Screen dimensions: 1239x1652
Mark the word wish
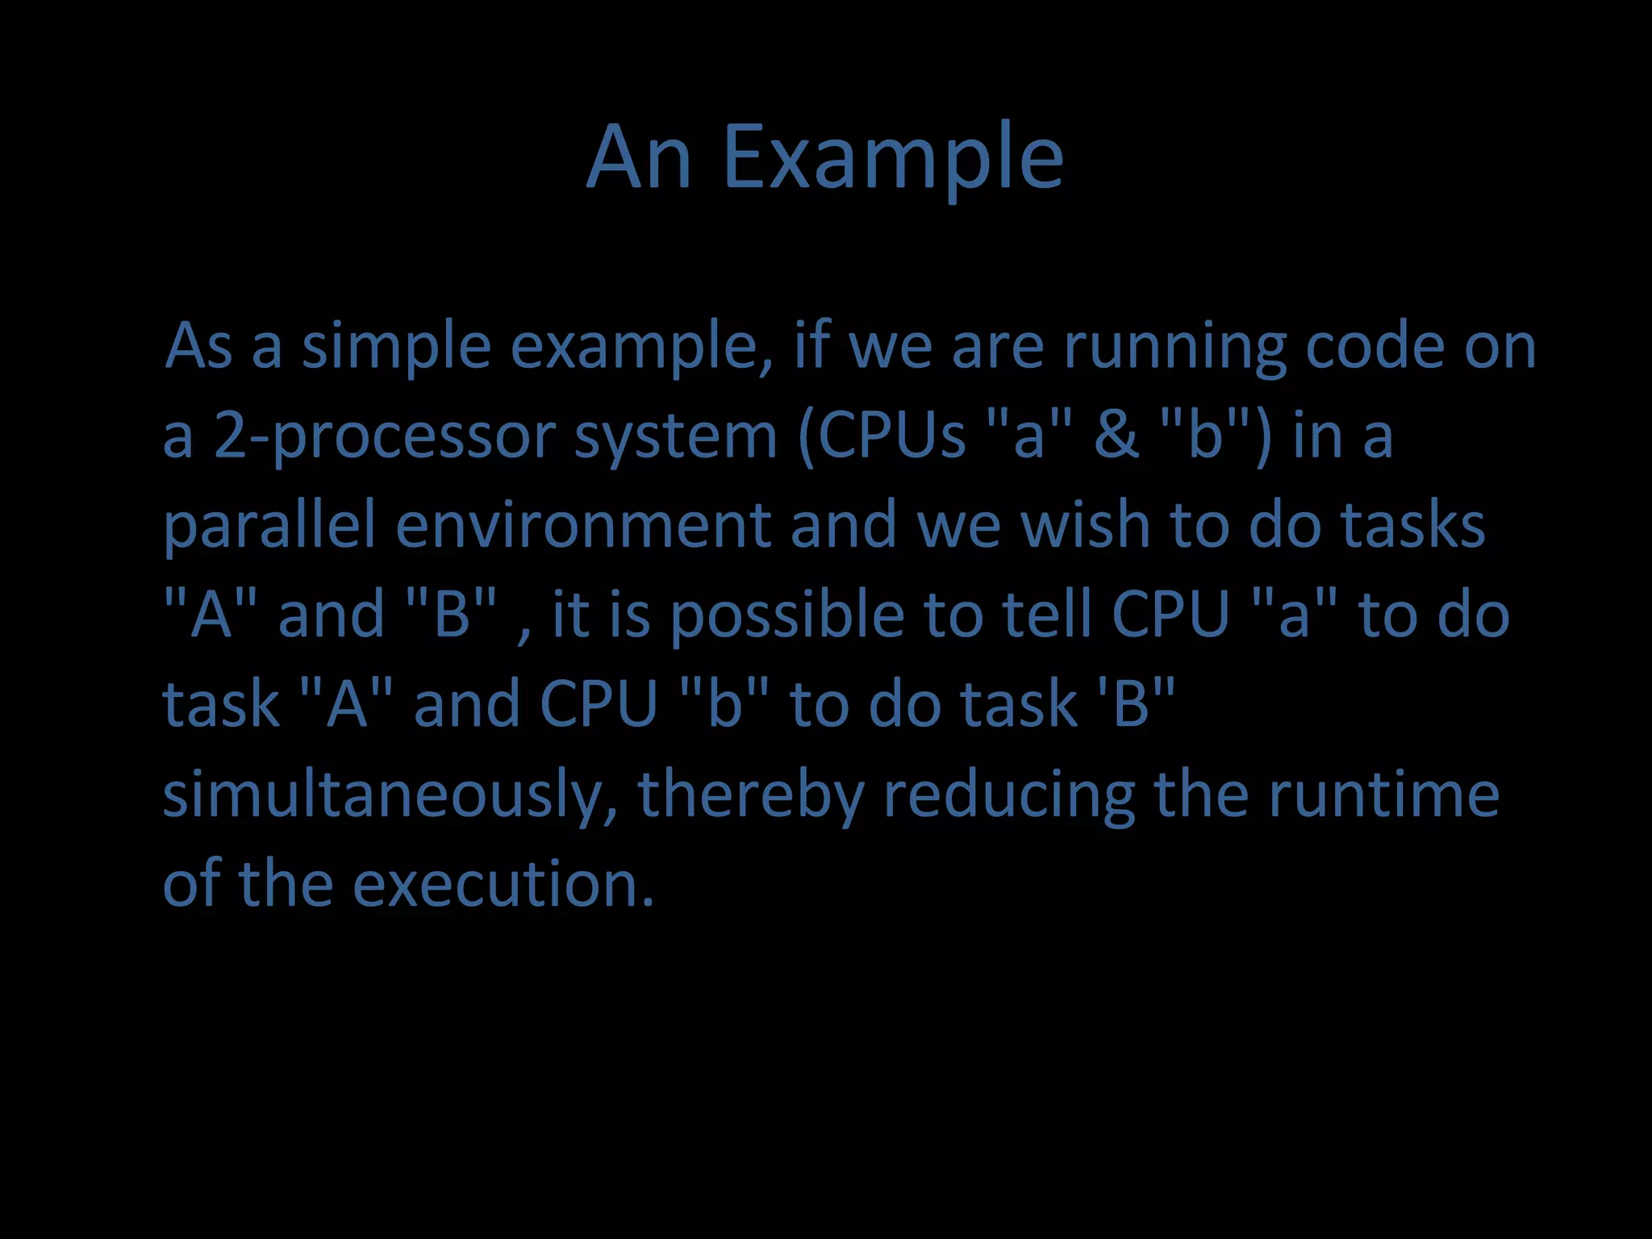1085,524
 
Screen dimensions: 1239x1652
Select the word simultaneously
390,795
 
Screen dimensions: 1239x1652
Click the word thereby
751,795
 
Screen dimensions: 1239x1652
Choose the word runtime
1383,794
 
